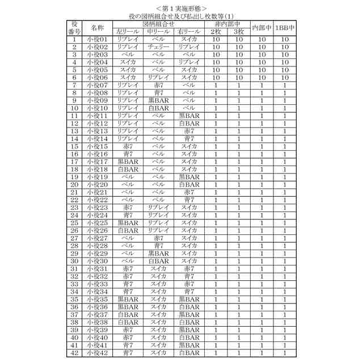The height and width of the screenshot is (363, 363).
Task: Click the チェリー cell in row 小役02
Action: pos(158,47)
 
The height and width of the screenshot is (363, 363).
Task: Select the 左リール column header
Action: pos(128,32)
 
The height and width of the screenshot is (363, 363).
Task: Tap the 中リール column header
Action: pos(158,32)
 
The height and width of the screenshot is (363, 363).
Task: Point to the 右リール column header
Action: pos(189,32)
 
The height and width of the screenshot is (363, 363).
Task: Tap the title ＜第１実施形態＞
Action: pos(181,8)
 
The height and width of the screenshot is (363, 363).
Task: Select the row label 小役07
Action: pos(97,85)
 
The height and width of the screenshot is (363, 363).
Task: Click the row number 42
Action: pos(75,353)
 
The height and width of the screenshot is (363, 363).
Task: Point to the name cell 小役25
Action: pos(97,223)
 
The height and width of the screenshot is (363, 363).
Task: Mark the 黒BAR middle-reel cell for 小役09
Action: pos(158,100)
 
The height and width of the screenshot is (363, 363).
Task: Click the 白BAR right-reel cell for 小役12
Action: pos(189,124)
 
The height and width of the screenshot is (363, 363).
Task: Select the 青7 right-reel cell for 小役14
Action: pos(189,139)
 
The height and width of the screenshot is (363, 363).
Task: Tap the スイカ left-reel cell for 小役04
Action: pos(128,62)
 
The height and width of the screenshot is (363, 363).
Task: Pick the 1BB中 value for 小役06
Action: pos(285,78)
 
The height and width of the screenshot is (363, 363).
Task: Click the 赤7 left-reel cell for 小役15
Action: pos(128,146)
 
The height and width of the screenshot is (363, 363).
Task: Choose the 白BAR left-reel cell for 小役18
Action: pos(128,170)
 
